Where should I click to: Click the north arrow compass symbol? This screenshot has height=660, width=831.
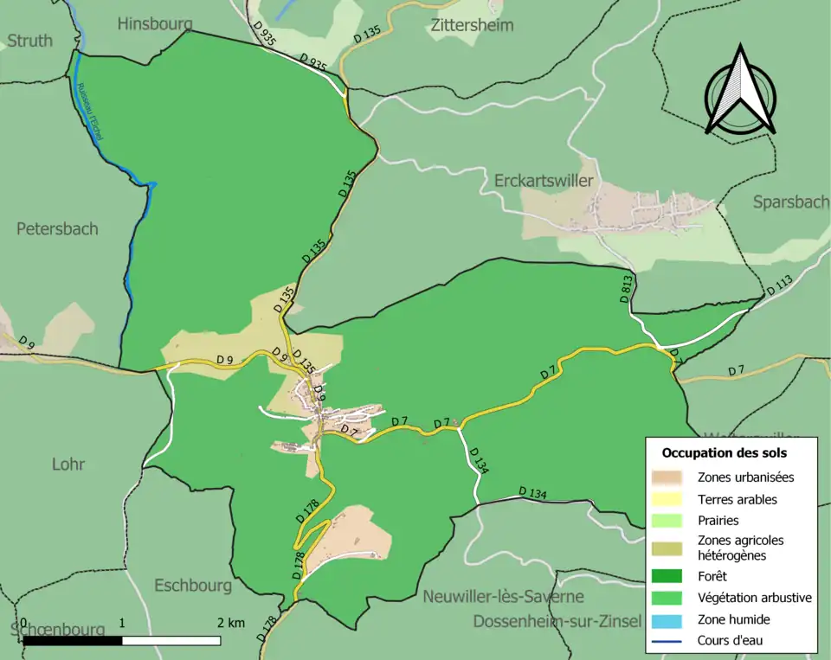(x=739, y=91)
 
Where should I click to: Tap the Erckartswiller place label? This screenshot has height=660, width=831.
(x=544, y=181)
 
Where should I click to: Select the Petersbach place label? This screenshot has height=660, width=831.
(x=57, y=228)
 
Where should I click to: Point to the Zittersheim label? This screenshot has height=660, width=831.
(x=471, y=25)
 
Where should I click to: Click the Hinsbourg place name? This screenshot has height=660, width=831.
(x=154, y=23)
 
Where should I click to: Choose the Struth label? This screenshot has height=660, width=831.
(x=30, y=40)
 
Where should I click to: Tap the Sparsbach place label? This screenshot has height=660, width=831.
(x=791, y=202)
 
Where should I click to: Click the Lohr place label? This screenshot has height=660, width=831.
(x=68, y=464)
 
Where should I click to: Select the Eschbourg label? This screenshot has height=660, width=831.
(x=193, y=586)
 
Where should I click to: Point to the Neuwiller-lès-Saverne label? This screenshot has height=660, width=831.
(x=503, y=597)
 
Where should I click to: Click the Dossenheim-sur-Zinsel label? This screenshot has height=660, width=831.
(x=557, y=622)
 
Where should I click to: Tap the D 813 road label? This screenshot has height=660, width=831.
(x=627, y=288)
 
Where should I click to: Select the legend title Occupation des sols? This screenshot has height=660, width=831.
(x=725, y=452)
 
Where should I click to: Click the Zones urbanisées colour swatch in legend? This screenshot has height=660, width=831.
(x=667, y=477)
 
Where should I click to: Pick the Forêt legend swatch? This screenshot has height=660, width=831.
(x=667, y=574)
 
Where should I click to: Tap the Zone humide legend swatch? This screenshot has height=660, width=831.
(x=667, y=619)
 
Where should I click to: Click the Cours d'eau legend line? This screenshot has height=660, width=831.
(x=667, y=641)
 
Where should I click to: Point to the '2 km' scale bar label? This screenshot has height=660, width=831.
(x=231, y=623)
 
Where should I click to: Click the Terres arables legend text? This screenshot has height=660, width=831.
(x=737, y=499)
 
